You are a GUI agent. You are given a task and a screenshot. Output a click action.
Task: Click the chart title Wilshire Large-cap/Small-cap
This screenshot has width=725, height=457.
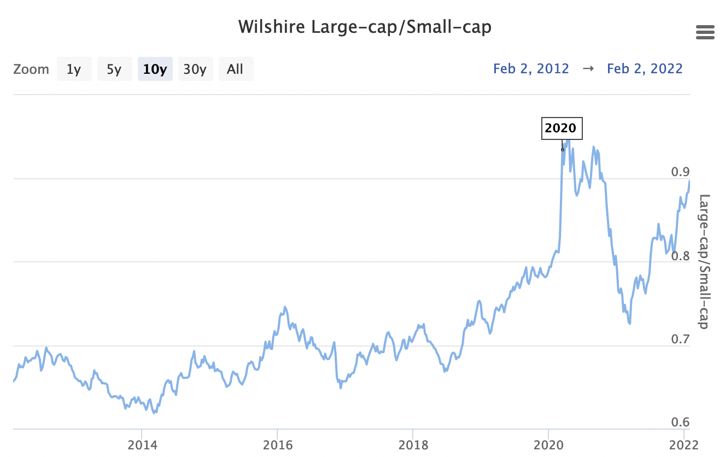365,26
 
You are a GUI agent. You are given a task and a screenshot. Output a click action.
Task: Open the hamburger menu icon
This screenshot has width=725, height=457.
705,33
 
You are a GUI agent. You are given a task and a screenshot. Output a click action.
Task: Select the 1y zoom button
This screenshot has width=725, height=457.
74,69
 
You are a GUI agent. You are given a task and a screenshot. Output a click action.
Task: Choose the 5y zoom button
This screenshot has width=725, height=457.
114,69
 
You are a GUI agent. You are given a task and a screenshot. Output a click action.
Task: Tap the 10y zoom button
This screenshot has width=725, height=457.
155,69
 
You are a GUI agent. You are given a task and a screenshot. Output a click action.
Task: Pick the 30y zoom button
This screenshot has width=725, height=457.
195,69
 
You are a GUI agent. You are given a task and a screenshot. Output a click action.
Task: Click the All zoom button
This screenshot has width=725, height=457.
235,69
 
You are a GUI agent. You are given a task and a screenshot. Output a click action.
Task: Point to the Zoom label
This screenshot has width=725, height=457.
31,69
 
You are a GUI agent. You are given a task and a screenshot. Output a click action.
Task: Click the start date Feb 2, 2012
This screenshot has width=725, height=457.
531,69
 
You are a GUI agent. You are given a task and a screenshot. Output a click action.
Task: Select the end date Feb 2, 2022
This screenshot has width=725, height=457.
645,69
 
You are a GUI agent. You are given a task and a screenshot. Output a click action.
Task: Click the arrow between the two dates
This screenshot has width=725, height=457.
588,69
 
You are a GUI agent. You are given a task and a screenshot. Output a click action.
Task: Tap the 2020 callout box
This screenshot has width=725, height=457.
561,128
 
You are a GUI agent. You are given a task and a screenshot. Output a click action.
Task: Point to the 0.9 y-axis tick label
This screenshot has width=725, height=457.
680,172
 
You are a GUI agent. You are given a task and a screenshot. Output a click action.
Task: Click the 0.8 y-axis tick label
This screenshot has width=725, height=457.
680,256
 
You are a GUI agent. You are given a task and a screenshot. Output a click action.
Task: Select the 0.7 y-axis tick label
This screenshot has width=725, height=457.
680,339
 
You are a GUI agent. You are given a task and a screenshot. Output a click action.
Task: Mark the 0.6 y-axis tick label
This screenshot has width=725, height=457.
680,423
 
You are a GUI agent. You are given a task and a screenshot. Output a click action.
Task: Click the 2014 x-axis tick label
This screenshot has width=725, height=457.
142,444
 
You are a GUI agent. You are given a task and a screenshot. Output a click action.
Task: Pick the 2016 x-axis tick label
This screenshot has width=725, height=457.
277,444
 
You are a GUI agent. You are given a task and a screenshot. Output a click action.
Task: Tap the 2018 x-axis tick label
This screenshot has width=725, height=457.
413,444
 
